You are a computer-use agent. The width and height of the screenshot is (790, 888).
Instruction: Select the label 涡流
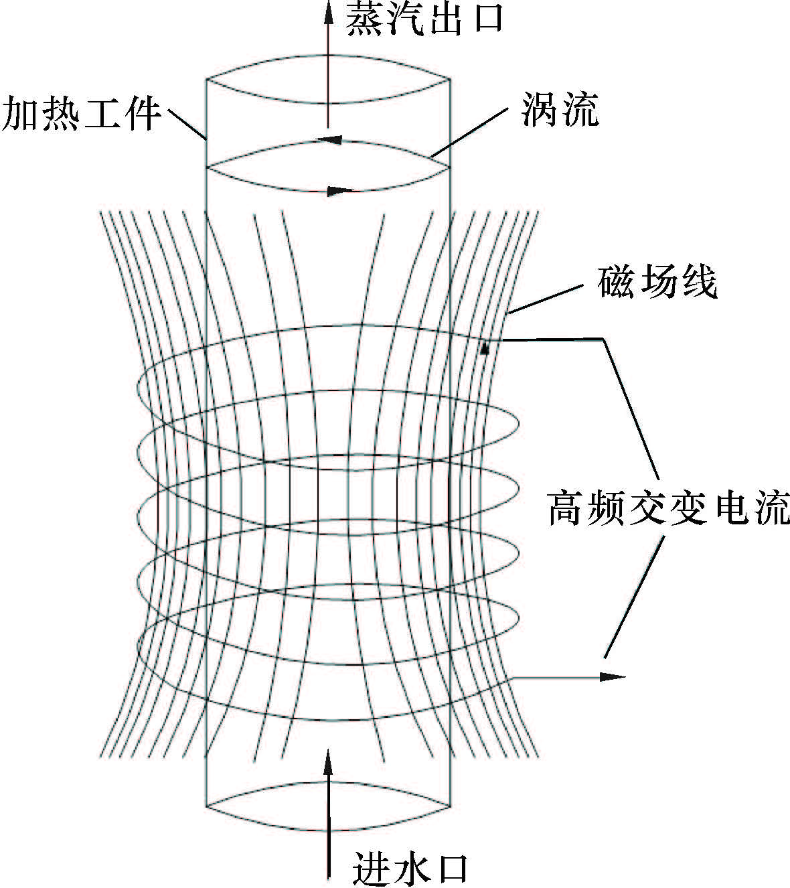coord(560,110)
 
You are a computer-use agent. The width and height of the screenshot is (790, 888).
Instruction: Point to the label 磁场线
coord(657,283)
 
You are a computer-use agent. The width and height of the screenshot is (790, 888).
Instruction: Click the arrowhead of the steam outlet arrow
coord(328,10)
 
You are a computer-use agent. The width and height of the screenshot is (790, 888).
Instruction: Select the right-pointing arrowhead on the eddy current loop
coord(341,191)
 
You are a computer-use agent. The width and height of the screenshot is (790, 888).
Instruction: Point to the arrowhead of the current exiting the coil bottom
coord(613,676)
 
